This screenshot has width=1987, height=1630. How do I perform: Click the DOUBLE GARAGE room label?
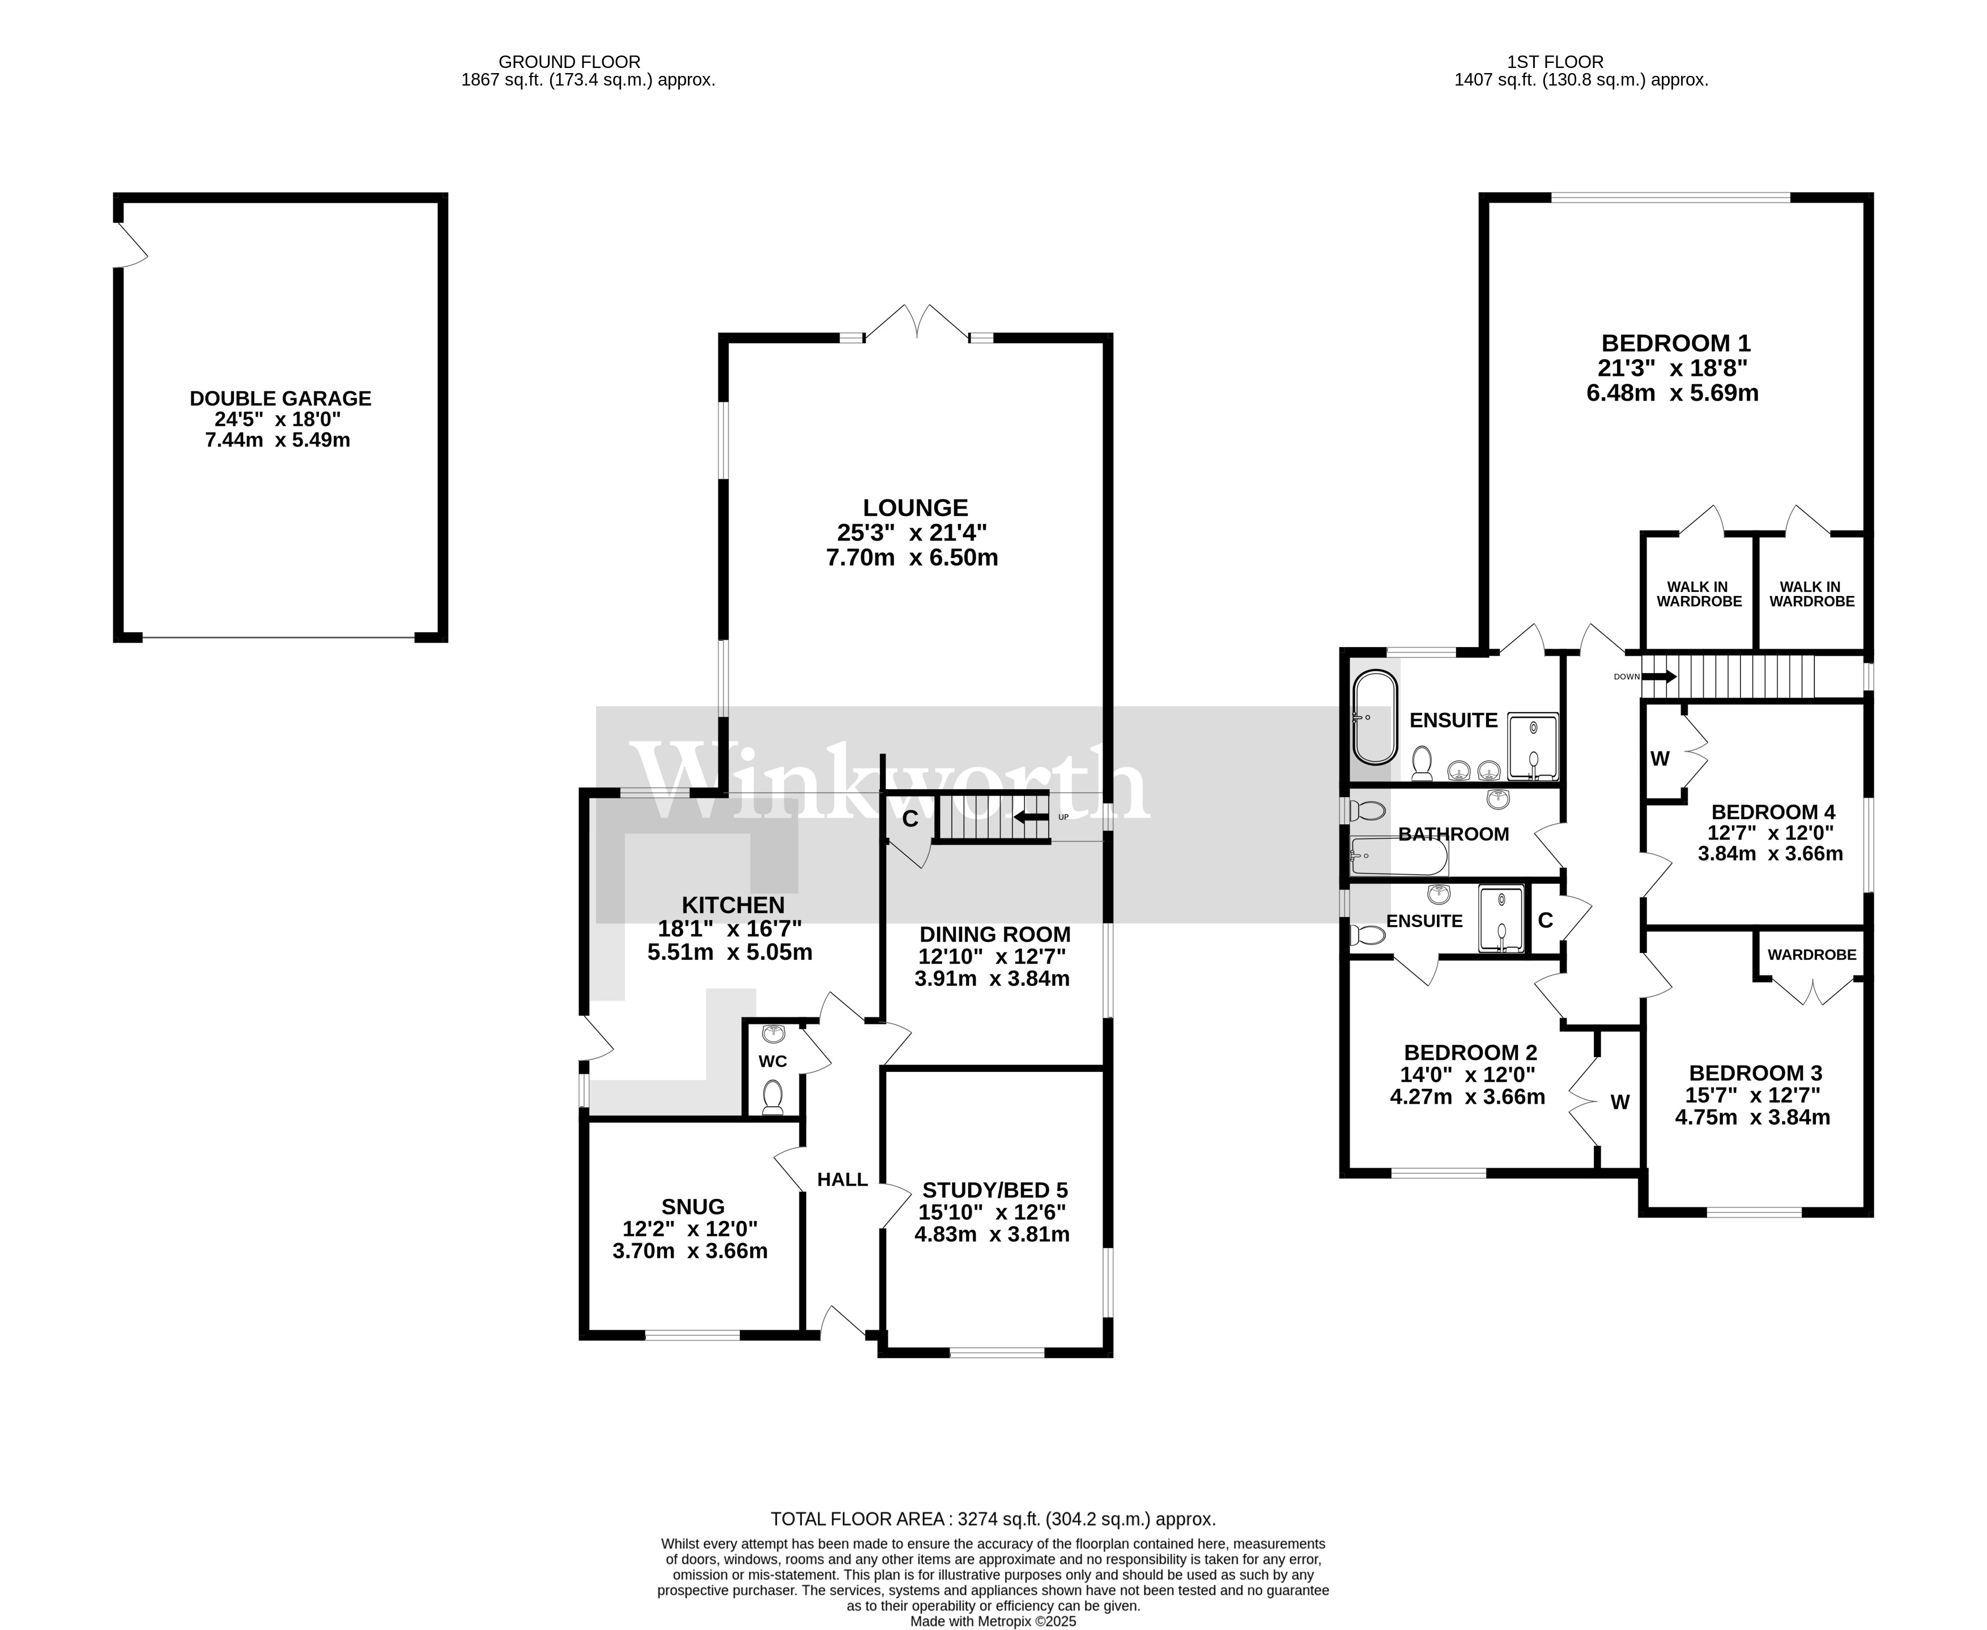pyautogui.click(x=280, y=398)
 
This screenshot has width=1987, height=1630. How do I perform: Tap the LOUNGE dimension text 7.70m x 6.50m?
pyautogui.click(x=911, y=557)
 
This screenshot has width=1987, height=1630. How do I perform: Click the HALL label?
pyautogui.click(x=843, y=1180)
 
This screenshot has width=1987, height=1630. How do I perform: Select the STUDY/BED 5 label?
pyautogui.click(x=994, y=1190)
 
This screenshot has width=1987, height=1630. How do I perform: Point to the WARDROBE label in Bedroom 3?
pyautogui.click(x=1811, y=955)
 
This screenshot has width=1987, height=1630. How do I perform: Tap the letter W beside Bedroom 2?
pyautogui.click(x=1620, y=1103)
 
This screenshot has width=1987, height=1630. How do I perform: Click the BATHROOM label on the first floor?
pyautogui.click(x=1453, y=834)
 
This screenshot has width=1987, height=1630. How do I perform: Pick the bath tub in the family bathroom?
pyautogui.click(x=1397, y=856)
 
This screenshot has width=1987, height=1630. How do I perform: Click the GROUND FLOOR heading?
pyautogui.click(x=569, y=62)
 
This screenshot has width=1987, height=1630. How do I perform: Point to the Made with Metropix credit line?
pyautogui.click(x=993, y=1620)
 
